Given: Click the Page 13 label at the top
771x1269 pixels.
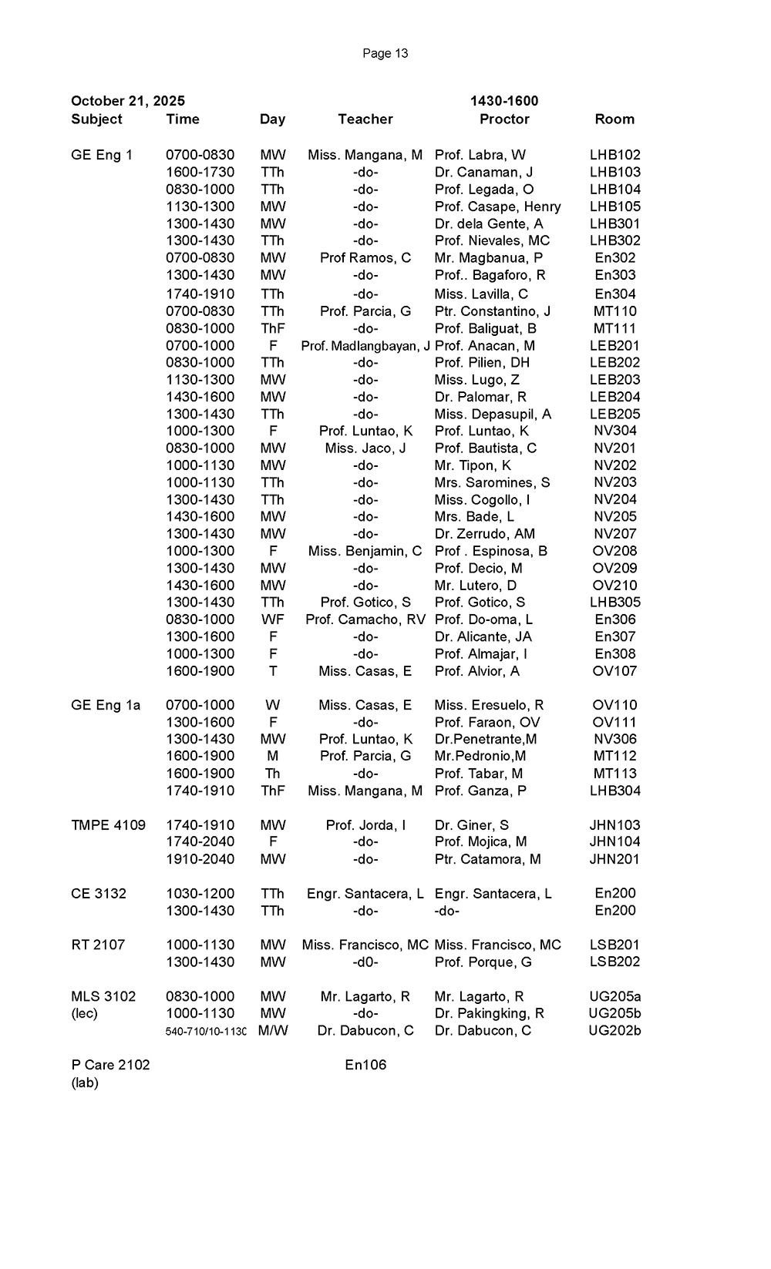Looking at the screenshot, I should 385,53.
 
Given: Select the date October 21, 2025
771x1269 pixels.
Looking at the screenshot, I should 128,101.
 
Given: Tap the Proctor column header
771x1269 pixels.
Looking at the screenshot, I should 504,119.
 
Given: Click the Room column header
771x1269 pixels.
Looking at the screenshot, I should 614,119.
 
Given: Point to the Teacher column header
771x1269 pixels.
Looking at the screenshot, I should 365,119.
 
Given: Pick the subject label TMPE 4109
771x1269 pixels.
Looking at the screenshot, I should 108,825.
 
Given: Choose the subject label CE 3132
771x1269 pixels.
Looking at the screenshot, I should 99,894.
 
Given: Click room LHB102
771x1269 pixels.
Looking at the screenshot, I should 615,155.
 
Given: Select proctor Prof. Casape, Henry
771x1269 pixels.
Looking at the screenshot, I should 498,206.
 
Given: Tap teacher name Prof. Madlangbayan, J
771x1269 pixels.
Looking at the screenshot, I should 365,346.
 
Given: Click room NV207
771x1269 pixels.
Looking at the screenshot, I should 615,534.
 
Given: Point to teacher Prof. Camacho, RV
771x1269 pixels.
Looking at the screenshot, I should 365,619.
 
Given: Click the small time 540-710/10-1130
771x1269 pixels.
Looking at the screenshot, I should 206,1031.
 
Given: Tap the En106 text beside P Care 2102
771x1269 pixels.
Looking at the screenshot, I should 365,1065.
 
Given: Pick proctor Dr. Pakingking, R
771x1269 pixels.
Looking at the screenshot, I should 490,1013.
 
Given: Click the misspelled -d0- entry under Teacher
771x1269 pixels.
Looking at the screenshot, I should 365,962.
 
